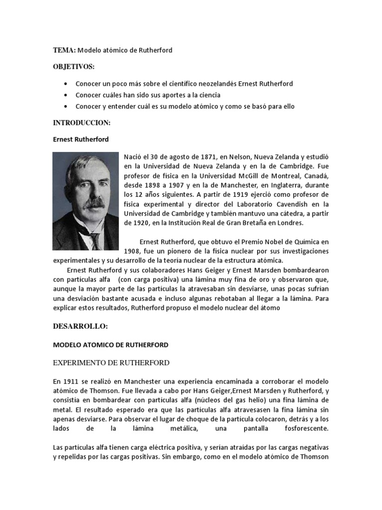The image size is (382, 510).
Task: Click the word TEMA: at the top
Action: (64, 51)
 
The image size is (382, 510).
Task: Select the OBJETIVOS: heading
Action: (74, 67)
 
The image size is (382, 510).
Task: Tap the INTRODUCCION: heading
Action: (81, 123)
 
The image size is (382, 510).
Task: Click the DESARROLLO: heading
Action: (79, 326)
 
